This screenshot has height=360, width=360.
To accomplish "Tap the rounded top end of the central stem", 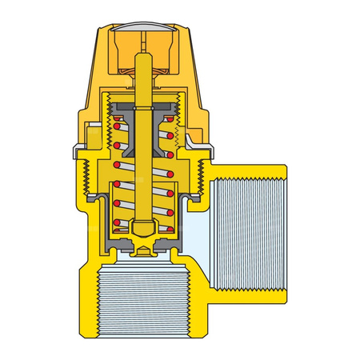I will coord(144,59).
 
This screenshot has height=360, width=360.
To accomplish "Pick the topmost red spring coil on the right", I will coord(170,125).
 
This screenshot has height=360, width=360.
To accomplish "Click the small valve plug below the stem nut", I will coord(144,250).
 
